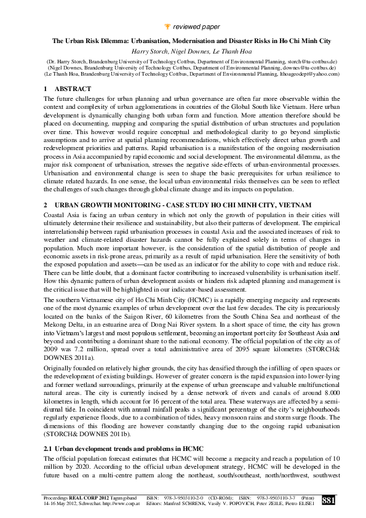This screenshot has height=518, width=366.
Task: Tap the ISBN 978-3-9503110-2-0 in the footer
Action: coord(192,498)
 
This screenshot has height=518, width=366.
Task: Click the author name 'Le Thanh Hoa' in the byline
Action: coord(223,51)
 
